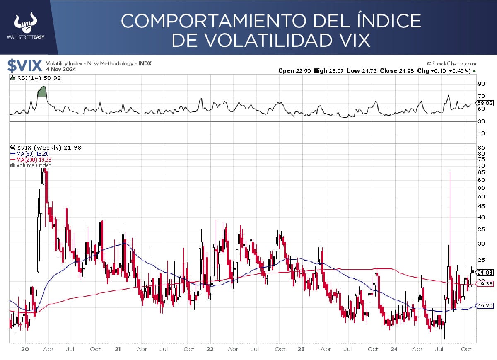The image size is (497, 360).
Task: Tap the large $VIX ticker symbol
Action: tap(25, 66)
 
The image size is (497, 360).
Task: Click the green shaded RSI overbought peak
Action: tap(41, 92)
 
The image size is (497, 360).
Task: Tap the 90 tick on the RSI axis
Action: tap(481, 84)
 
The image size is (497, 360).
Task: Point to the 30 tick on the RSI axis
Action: tap(481, 121)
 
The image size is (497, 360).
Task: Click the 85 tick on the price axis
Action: tap(481, 147)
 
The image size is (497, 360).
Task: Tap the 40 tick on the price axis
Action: tap(481, 217)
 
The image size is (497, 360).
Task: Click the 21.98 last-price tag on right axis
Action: tap(484, 272)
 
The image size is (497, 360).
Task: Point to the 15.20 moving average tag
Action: tap(484, 306)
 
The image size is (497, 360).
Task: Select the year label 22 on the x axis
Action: tap(210, 349)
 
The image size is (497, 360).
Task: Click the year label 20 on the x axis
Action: tap(25, 349)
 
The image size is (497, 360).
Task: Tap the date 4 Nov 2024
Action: tap(60, 70)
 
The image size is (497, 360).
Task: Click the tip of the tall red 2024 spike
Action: tap(450, 172)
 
